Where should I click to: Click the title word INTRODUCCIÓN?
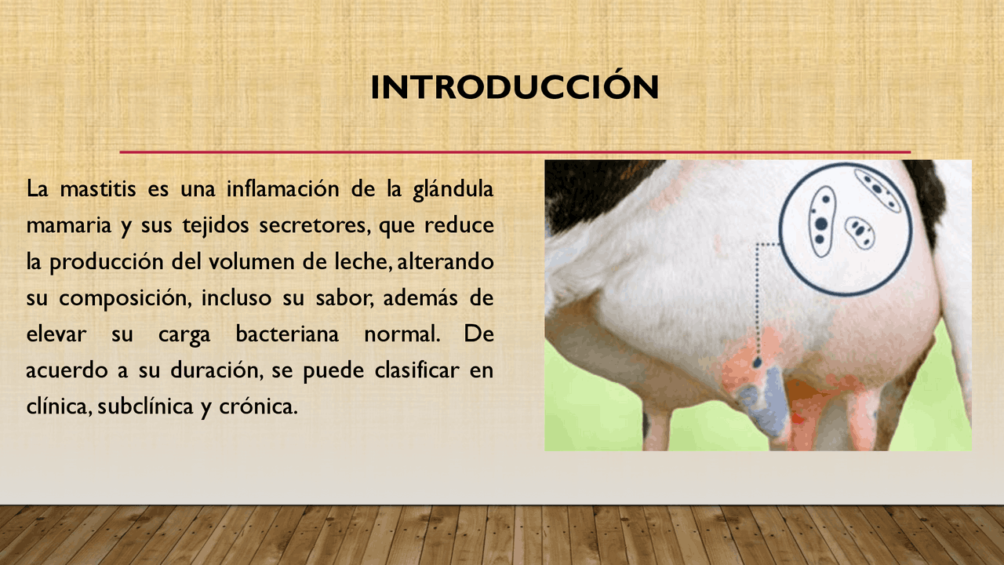[515, 87]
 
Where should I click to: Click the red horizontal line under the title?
[515, 151]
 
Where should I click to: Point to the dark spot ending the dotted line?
[758, 363]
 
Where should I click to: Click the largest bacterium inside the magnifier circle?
[820, 222]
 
